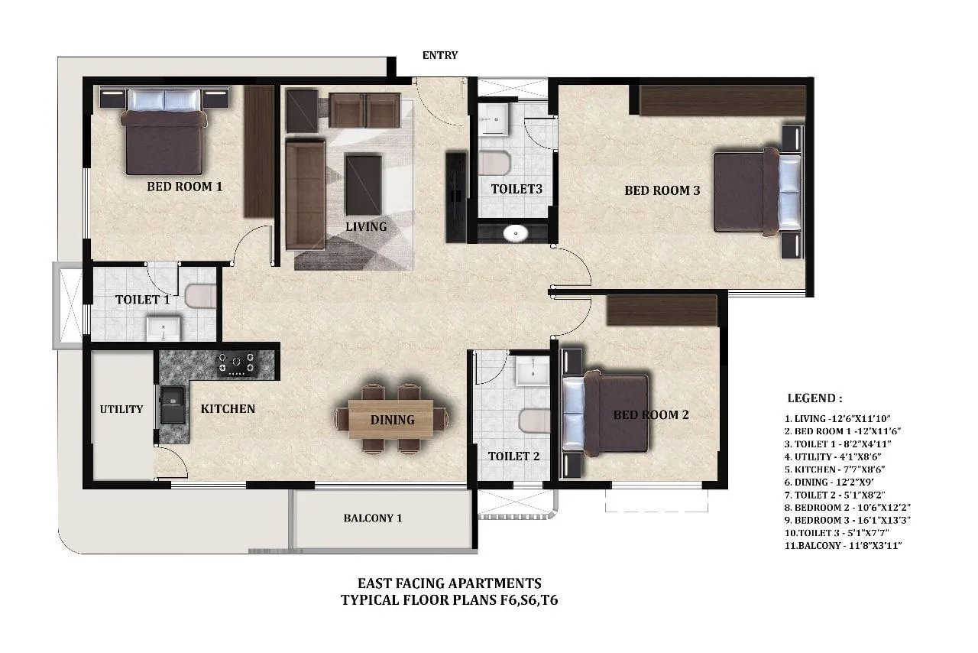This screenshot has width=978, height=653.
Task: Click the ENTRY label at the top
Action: [x=440, y=55]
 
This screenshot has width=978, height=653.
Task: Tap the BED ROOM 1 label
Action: [x=184, y=186]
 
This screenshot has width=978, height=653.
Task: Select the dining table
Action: [x=391, y=420]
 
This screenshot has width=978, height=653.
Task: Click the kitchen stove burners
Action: [x=237, y=363]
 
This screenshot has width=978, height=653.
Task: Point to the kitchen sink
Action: [x=172, y=405]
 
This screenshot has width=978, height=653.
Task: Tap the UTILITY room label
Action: [x=121, y=409]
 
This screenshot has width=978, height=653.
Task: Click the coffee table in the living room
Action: [x=363, y=184]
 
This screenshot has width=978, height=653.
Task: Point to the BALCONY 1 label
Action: [x=373, y=518]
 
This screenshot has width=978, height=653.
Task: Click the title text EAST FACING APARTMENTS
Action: [x=449, y=583]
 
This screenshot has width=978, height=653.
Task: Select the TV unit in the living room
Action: [x=456, y=197]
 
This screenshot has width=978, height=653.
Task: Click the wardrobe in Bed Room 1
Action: [x=259, y=151]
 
